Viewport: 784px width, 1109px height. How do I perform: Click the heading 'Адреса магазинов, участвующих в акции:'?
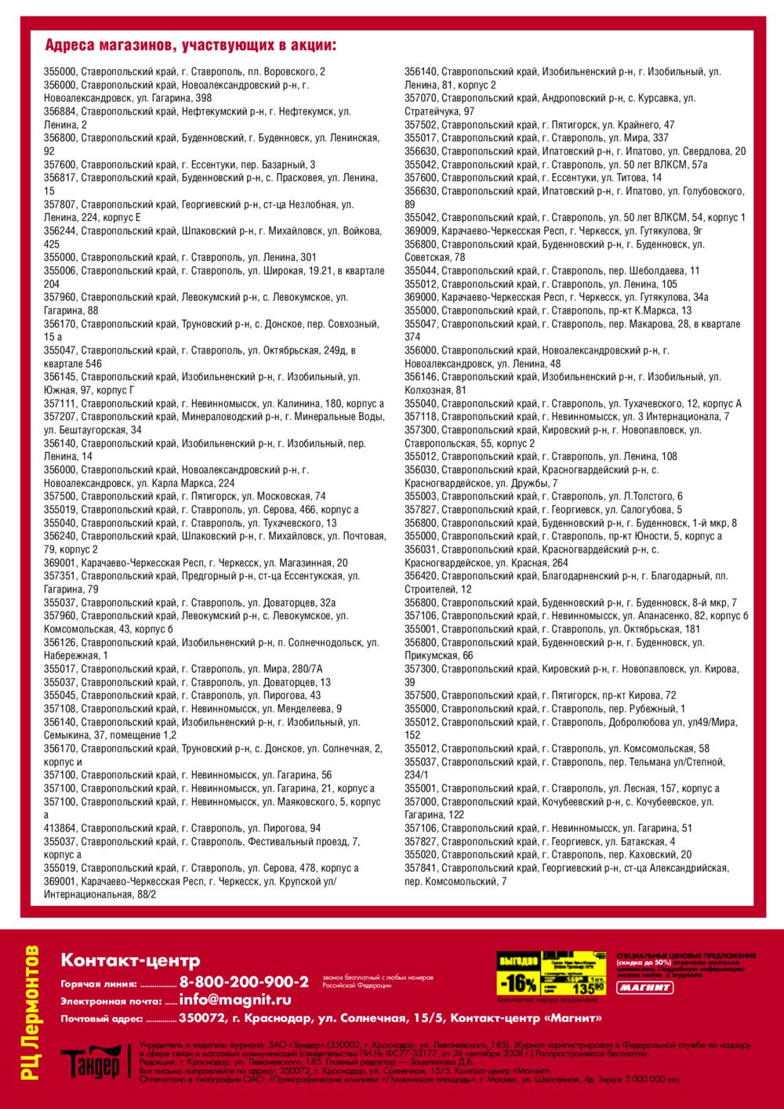(191, 45)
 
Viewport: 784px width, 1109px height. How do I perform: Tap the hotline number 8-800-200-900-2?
(244, 982)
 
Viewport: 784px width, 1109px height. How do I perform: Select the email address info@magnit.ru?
(235, 1000)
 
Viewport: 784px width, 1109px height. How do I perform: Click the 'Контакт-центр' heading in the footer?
(130, 960)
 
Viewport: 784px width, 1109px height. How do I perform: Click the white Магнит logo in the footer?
(644, 988)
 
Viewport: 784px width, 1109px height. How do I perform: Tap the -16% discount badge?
(518, 983)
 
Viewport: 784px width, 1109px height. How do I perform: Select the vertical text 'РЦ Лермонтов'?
(31, 1012)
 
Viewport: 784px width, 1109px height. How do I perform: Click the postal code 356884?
(60, 111)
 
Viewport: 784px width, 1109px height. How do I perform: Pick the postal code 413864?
(60, 828)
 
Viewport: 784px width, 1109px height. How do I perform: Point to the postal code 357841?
(421, 868)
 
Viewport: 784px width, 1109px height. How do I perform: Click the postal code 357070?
(421, 98)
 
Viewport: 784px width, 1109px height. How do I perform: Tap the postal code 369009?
(421, 230)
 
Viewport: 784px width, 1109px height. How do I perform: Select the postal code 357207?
(60, 417)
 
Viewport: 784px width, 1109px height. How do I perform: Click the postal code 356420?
(421, 576)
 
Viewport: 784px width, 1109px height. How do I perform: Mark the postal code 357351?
(60, 576)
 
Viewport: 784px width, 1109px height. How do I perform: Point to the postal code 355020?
(421, 855)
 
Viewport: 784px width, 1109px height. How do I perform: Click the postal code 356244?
(60, 231)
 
